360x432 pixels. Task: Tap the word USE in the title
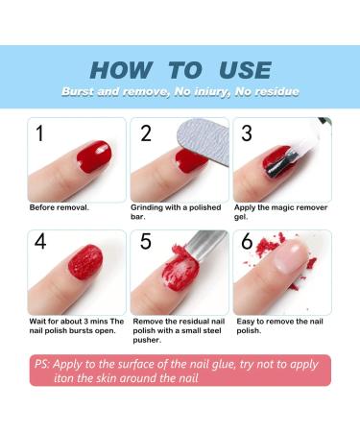pyautogui.click(x=243, y=70)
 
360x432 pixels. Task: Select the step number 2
pyautogui.click(x=146, y=133)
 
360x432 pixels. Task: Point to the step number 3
pyautogui.click(x=248, y=133)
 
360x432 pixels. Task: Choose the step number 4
pyautogui.click(x=39, y=242)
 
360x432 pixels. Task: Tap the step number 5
pyautogui.click(x=146, y=242)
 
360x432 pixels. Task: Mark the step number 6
pyautogui.click(x=248, y=242)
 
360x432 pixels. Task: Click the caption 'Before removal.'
pyautogui.click(x=60, y=207)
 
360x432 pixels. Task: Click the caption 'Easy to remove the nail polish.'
pyautogui.click(x=281, y=325)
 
